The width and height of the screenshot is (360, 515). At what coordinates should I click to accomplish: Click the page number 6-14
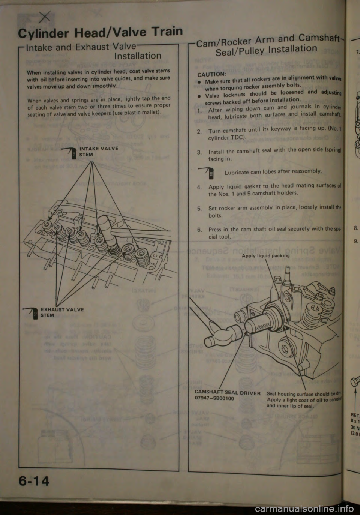(34, 480)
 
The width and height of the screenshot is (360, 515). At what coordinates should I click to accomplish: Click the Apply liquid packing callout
(265, 256)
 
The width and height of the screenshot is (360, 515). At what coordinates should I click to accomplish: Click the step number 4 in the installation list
(199, 187)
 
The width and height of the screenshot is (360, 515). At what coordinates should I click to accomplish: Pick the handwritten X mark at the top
(45, 16)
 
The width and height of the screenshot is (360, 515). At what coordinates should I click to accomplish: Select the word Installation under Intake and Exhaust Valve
(138, 56)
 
